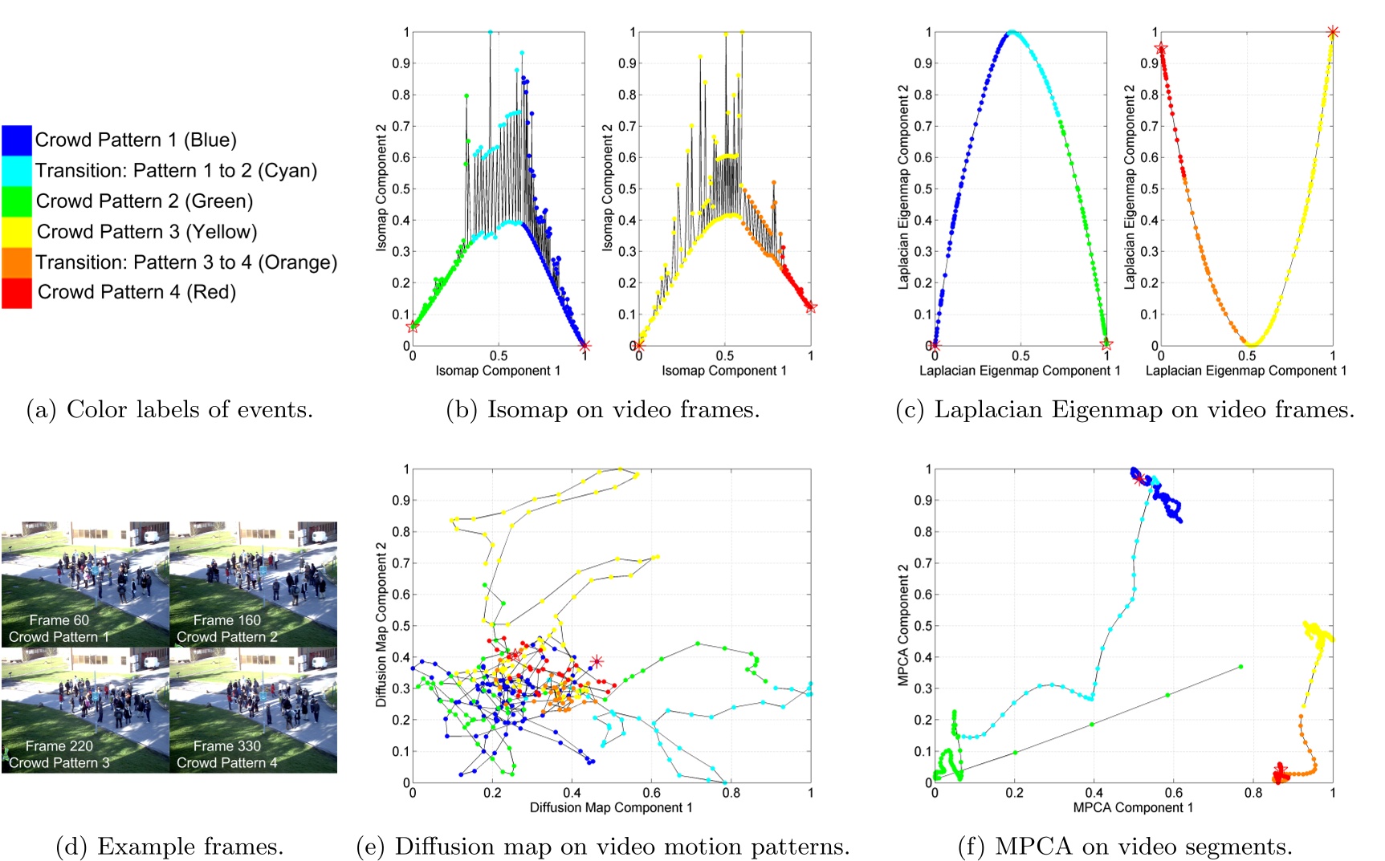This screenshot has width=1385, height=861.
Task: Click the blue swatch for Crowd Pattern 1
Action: tap(16, 140)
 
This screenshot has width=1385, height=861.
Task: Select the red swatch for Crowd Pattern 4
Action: tap(16, 293)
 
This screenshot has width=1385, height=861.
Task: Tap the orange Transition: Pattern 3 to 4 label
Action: tap(186, 262)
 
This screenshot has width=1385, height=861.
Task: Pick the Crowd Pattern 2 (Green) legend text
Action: tap(145, 201)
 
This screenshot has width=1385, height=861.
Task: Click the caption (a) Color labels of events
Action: tap(169, 410)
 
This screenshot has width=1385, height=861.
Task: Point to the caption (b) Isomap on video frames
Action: tap(602, 410)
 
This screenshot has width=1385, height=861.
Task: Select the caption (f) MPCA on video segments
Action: tap(1125, 847)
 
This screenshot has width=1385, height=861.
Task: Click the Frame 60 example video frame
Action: tap(85, 584)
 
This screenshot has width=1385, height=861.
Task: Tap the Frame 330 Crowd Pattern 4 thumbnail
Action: tap(254, 710)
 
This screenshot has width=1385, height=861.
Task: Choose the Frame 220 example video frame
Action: tap(85, 710)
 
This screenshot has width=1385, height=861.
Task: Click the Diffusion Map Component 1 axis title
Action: tap(611, 807)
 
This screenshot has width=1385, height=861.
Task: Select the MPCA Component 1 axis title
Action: tap(1133, 807)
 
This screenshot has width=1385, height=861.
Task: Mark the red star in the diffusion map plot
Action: tap(597, 661)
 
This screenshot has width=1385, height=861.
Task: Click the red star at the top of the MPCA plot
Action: tap(1139, 479)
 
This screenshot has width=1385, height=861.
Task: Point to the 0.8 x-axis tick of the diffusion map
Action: tap(731, 793)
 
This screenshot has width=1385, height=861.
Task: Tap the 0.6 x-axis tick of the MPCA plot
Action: tap(1173, 793)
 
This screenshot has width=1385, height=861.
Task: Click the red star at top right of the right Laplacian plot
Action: tap(1333, 32)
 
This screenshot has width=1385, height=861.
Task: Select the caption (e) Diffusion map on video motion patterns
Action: tap(602, 847)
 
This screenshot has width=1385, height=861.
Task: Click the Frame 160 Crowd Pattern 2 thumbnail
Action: tap(254, 584)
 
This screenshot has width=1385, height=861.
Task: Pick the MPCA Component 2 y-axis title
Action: tap(903, 625)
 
